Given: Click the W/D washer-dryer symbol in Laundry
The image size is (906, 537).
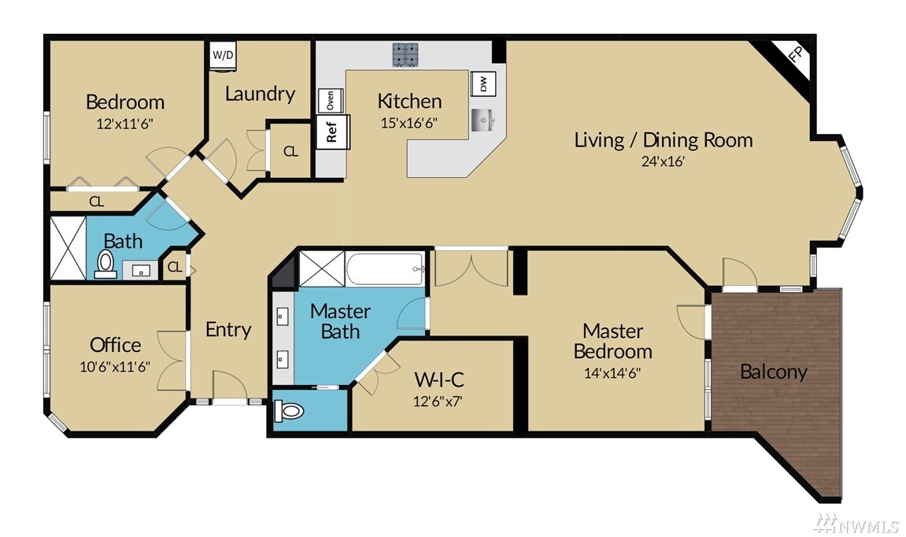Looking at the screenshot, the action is coord(223,55).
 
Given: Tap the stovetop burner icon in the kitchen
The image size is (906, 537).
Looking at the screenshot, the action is coord(405,55).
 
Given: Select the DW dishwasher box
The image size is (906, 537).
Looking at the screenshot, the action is coord(483,84).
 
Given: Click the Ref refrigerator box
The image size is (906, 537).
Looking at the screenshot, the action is coord(332,131).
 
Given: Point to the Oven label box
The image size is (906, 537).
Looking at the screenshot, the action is coord(331,101).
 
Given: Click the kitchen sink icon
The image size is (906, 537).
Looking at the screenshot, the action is coord(483,120).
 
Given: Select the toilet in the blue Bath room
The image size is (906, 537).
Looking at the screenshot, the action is coord(105,264).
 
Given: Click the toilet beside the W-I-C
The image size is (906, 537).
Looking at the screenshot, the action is coord(289,412).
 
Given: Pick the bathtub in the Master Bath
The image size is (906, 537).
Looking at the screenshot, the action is coord(386,268).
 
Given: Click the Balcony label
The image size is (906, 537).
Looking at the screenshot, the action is coord(773,372).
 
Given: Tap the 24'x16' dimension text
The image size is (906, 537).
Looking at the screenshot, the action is coord(663,161).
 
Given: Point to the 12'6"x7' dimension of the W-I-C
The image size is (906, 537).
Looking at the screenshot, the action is coord(438,401).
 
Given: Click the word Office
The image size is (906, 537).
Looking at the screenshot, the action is coord(116,345).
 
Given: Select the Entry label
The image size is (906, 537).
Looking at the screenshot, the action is coord(228,329).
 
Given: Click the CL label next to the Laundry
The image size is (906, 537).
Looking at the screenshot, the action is coord(290,151).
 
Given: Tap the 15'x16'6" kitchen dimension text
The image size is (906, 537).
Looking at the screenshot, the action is coord(409,123).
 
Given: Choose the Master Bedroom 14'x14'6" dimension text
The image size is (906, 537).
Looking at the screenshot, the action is coord(612,373).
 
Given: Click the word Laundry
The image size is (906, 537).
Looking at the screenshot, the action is coord(260,94).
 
